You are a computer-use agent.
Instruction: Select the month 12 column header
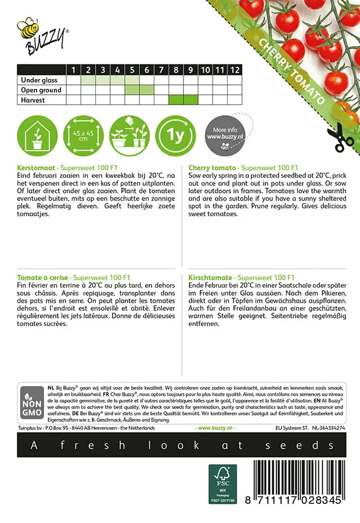[234, 70]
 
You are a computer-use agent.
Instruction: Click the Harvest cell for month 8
[176, 100]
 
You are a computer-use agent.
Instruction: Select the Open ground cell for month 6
[146, 90]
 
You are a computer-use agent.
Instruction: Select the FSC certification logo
[222, 483]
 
